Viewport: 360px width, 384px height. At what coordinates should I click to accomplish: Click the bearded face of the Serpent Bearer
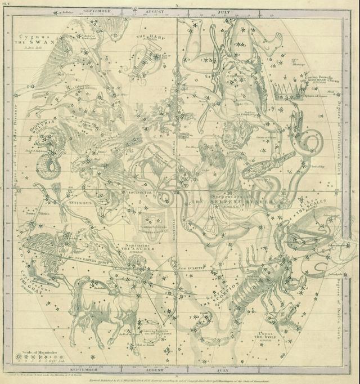coord(209,149)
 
